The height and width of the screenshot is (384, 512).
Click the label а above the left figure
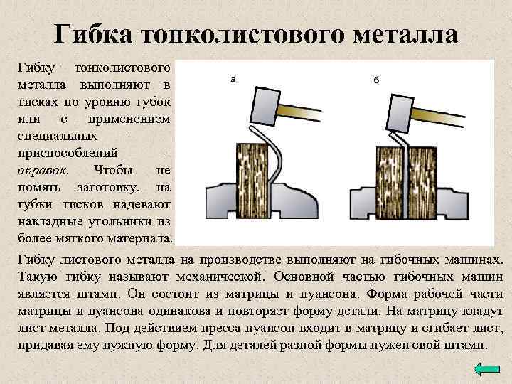(233, 78)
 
